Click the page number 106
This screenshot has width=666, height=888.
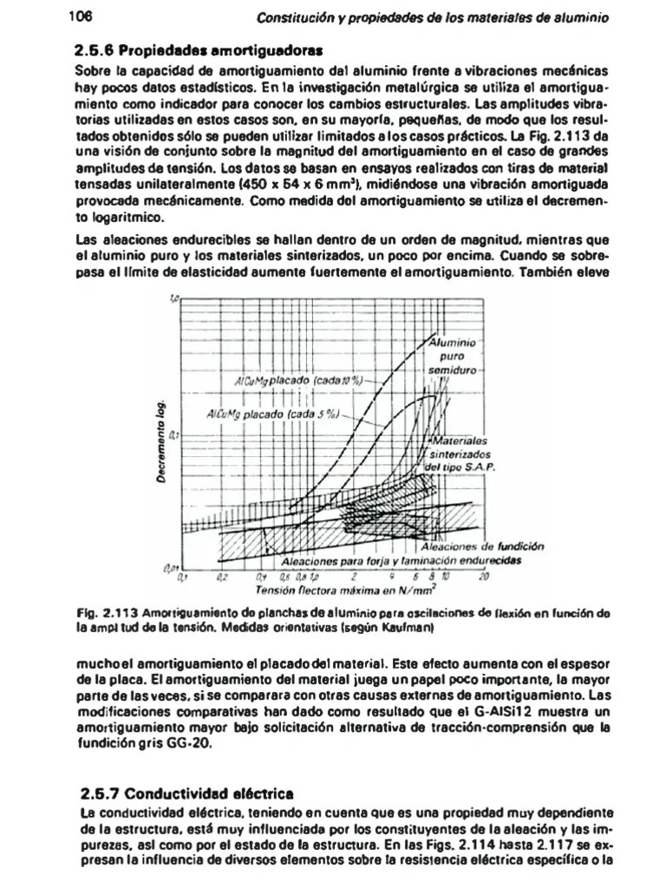pyautogui.click(x=79, y=16)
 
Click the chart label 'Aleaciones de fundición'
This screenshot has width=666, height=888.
pyautogui.click(x=481, y=546)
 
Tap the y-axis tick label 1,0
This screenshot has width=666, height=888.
pyautogui.click(x=174, y=297)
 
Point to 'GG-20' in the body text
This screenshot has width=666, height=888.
pyautogui.click(x=186, y=744)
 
